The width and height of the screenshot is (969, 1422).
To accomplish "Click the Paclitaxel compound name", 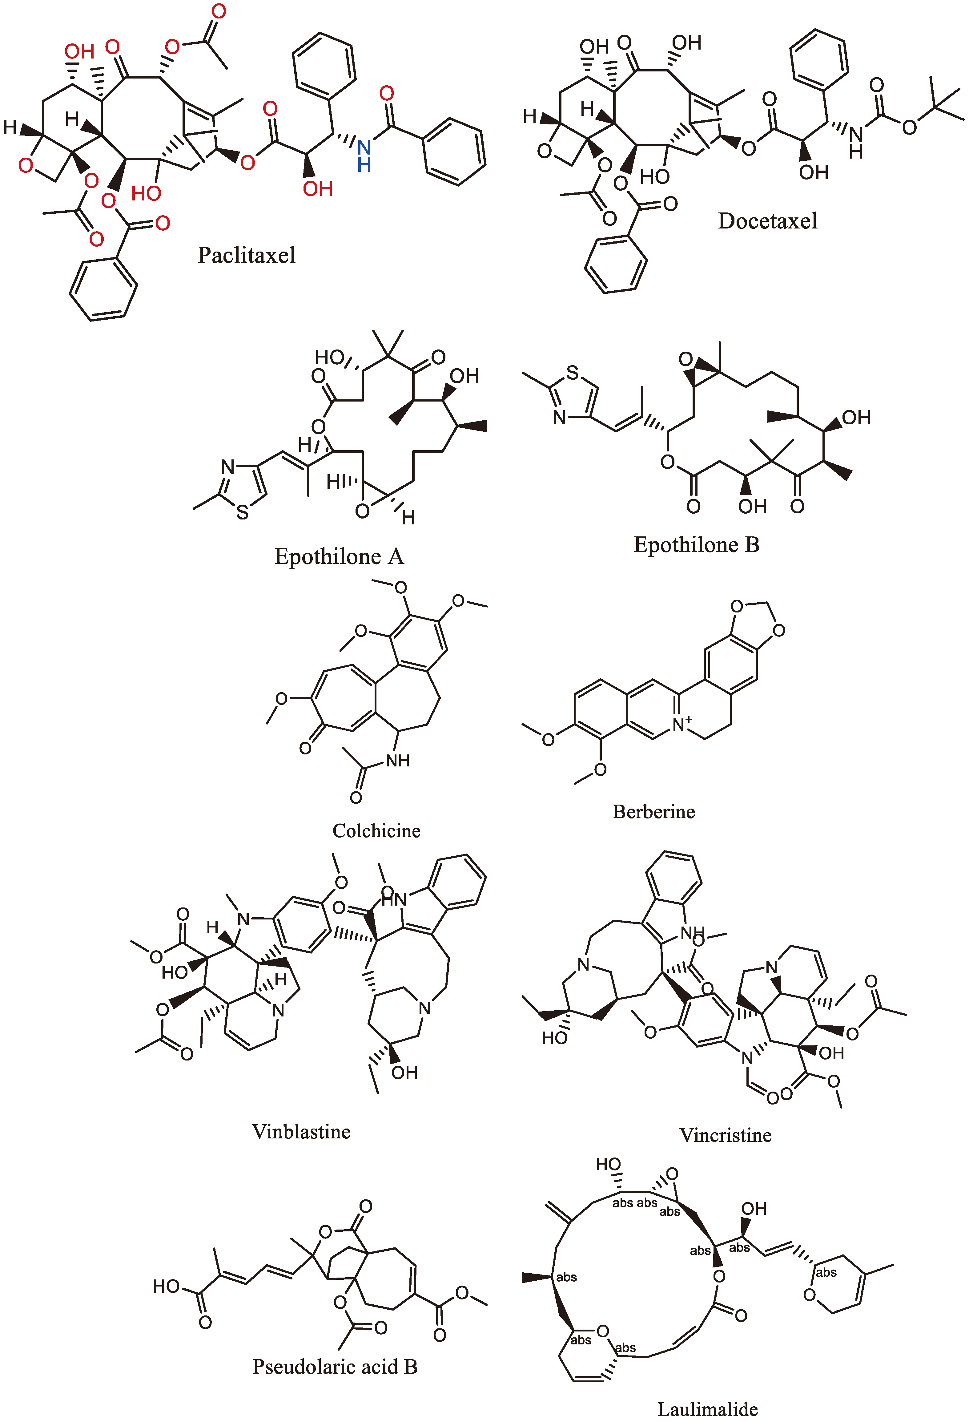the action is coord(247,255).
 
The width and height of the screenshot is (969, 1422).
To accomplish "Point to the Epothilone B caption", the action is coord(696,545).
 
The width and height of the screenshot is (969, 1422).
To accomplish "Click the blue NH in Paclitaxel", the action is coord(364,156).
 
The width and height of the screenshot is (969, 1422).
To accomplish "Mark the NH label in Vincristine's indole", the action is coord(692,933).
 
